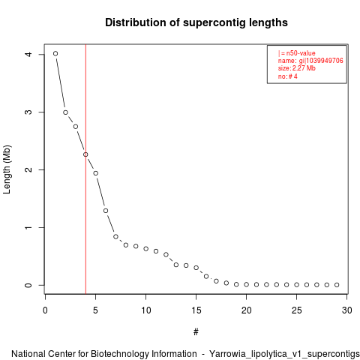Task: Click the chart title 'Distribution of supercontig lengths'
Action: [x=196, y=22]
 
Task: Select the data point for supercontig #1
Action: [x=55, y=53]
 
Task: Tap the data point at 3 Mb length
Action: [x=65, y=112]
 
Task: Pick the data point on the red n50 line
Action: [x=85, y=154]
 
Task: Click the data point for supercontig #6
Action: [x=106, y=211]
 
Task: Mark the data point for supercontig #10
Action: [x=146, y=249]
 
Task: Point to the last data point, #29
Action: [x=337, y=285]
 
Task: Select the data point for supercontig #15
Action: [x=196, y=268]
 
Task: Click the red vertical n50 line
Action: [x=85, y=169]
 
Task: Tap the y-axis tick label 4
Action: [x=28, y=54]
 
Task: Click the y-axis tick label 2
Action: [x=28, y=169]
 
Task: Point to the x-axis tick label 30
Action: [x=347, y=310]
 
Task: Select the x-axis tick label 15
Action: [x=196, y=310]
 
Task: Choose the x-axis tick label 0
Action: [x=45, y=310]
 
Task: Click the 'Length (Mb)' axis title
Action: [x=7, y=169]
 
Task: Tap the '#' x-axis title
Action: [x=196, y=332]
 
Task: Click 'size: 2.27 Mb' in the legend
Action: [x=297, y=68]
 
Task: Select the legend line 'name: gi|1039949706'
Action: [x=310, y=61]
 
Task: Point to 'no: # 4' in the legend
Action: [x=288, y=76]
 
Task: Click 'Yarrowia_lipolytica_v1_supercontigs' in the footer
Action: [x=284, y=354]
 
